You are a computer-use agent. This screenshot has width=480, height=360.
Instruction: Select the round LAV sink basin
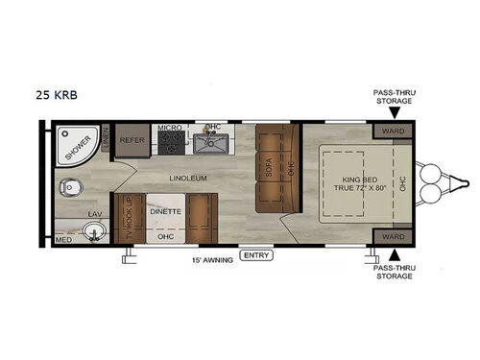[x=93, y=230]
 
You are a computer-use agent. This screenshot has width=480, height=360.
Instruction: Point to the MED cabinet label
[x=64, y=240]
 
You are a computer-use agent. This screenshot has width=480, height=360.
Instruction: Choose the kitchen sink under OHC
[x=209, y=144]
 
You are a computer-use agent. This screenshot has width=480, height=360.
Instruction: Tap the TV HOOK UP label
[x=127, y=219]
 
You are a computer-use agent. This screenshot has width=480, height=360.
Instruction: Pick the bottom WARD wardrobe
[x=391, y=236]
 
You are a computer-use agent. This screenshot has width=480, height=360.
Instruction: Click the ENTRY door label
[x=256, y=254]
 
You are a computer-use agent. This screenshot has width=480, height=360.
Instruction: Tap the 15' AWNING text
[x=211, y=259]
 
